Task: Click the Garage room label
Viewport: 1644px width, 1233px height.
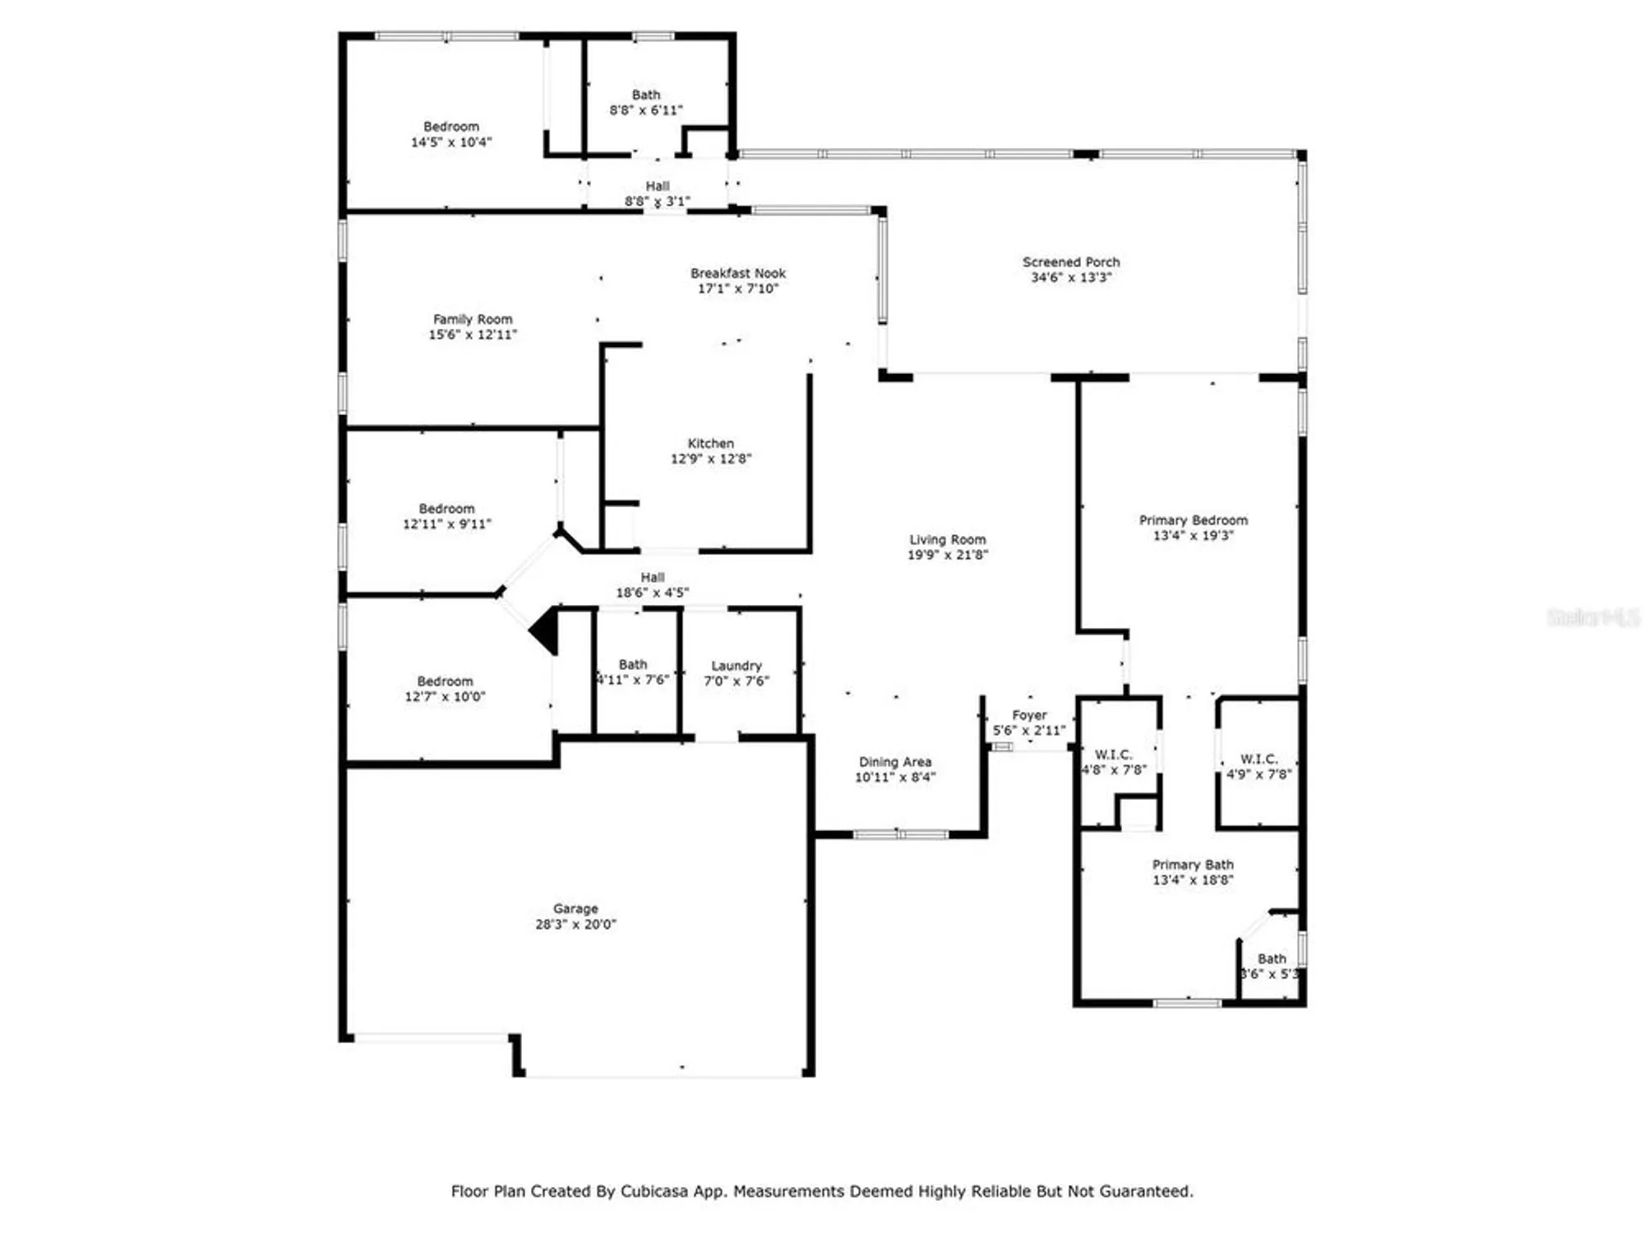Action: point(575,908)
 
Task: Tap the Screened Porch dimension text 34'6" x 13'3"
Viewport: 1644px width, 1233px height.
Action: point(1071,278)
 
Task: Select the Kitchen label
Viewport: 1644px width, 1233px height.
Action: point(711,443)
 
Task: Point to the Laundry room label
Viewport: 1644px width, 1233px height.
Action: point(737,665)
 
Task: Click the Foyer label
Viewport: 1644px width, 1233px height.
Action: point(1029,715)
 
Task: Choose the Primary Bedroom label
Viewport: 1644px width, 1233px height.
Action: point(1193,520)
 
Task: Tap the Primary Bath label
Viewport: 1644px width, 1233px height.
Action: point(1193,865)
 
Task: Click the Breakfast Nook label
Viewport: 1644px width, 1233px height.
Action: point(738,273)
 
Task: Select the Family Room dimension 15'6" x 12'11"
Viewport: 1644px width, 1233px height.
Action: point(473,335)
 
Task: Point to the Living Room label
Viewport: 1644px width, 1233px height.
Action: point(947,539)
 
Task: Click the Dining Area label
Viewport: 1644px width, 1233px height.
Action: point(895,762)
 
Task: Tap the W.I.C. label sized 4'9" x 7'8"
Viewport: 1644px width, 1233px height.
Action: point(1258,759)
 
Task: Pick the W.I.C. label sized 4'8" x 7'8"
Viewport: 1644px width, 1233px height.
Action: point(1113,755)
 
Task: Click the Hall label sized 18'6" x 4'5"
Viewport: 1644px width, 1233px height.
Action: point(653,577)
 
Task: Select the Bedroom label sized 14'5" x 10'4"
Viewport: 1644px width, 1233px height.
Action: point(451,127)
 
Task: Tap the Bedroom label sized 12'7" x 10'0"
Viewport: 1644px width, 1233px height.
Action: point(445,681)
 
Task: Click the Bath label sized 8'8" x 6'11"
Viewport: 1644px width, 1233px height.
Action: point(646,95)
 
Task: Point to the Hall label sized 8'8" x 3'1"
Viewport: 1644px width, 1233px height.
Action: point(658,187)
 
